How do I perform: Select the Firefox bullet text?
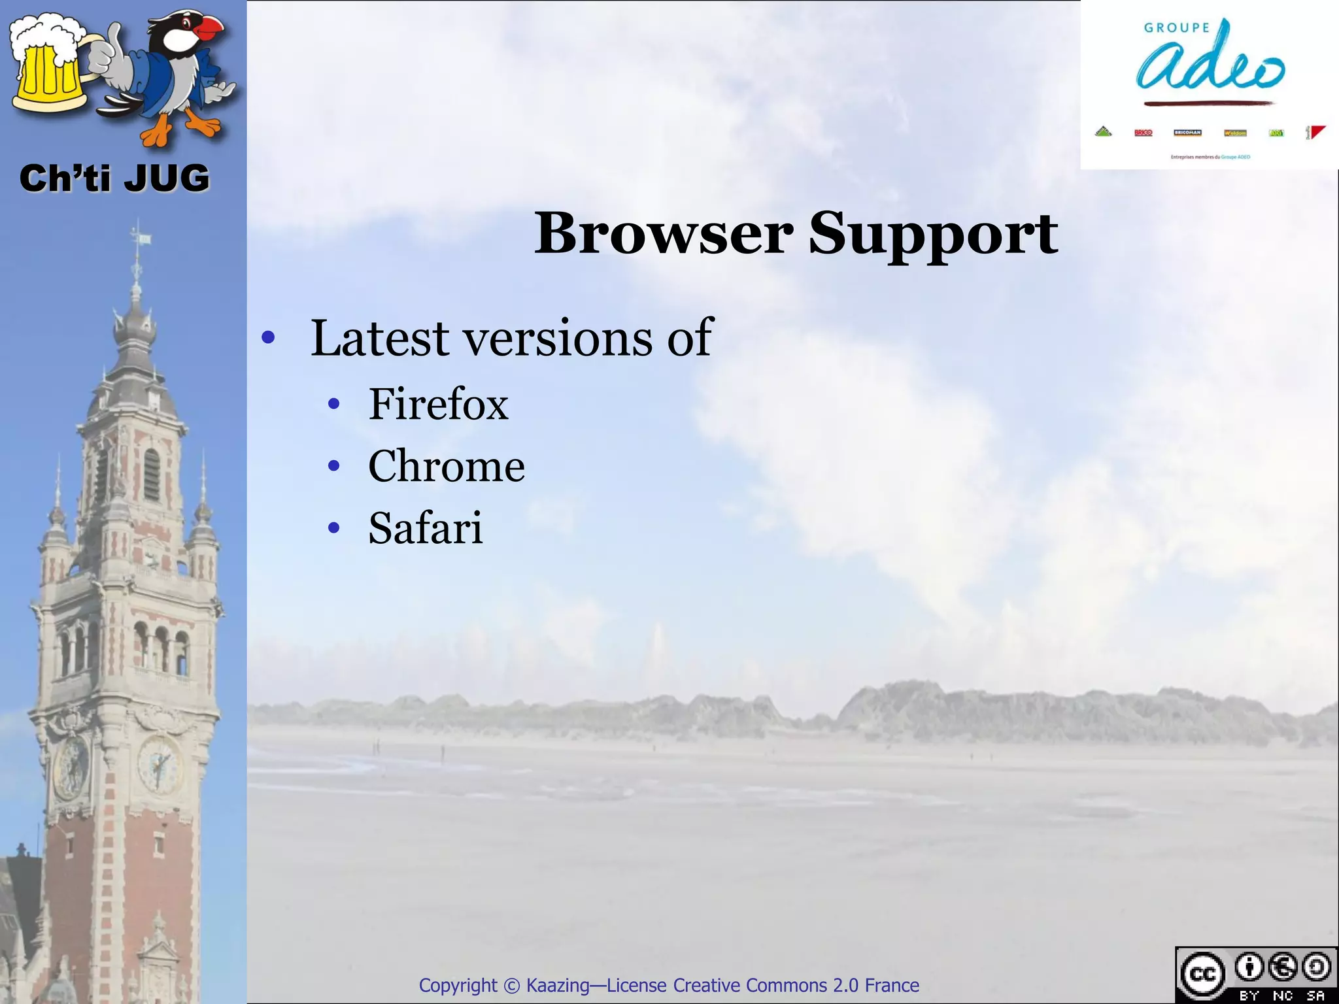(x=438, y=404)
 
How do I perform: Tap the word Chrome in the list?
(x=446, y=466)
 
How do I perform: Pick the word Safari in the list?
(x=425, y=528)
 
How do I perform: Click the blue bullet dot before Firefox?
(x=334, y=405)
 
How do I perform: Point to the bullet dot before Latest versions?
(x=267, y=339)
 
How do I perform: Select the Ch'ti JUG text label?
(x=114, y=178)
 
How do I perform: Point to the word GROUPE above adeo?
(x=1177, y=27)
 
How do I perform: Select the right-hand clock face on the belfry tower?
(x=159, y=763)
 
